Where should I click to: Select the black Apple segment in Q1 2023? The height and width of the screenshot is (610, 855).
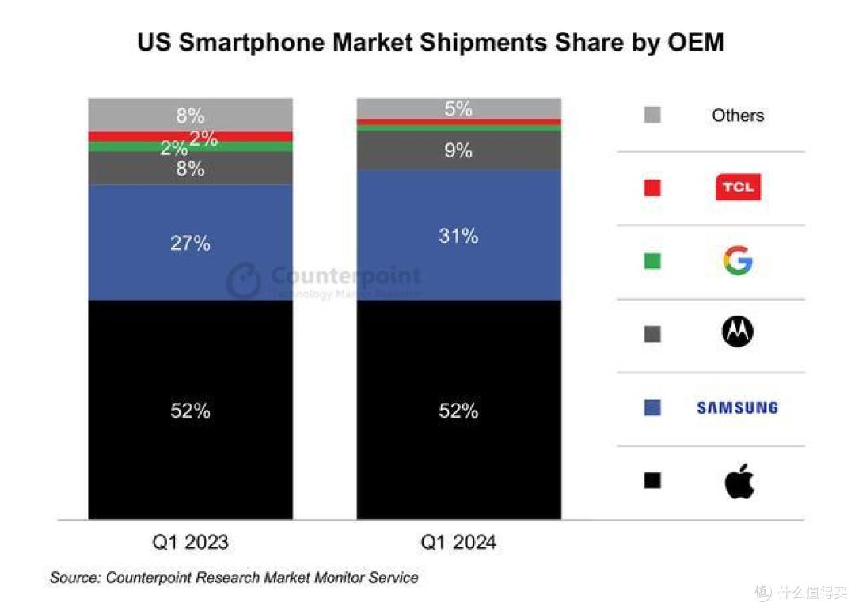[x=190, y=459]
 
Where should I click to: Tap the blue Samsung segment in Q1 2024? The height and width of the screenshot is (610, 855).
[x=458, y=269]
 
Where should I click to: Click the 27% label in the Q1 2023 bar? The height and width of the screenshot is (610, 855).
[x=190, y=243]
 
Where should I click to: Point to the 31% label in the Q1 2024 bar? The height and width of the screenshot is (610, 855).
[x=458, y=235]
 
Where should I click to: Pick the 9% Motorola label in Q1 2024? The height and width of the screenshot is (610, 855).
[x=458, y=150]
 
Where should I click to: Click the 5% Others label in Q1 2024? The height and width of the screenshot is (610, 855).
[x=458, y=108]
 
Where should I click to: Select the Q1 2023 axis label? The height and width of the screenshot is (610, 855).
[x=190, y=542]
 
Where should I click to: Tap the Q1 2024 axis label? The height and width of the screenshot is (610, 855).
[x=458, y=542]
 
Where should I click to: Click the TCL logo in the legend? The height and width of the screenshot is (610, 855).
[x=737, y=188]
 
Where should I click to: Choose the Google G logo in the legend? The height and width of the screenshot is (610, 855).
[x=737, y=260]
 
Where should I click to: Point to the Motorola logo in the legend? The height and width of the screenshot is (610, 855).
[x=737, y=333]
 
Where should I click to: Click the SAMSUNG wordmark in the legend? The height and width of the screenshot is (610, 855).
[x=737, y=407]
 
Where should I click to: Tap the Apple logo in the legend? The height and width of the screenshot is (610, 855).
[x=739, y=481]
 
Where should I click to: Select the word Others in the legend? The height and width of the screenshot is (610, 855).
[x=737, y=116]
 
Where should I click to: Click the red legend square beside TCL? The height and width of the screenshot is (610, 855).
[x=652, y=188]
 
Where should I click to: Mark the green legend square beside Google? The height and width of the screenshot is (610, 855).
[x=652, y=260]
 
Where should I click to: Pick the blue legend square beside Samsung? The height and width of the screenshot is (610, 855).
[x=652, y=407]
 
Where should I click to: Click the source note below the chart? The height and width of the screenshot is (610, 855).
[x=234, y=578]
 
